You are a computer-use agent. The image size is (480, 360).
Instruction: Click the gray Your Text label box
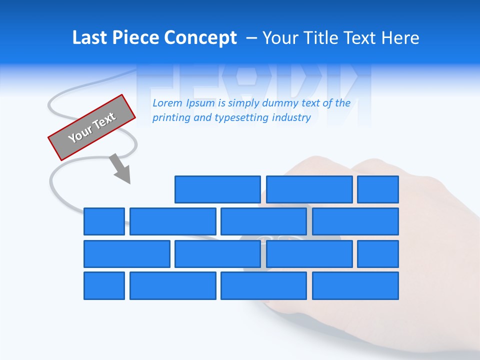tap(92, 127)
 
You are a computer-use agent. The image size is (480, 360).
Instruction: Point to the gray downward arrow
tap(120, 169)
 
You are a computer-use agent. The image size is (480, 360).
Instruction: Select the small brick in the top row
tap(378, 189)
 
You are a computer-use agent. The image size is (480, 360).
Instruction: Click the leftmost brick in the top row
tap(217, 189)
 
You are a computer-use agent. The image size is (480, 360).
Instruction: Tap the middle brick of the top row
tap(309, 189)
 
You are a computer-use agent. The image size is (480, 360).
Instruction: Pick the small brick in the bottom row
tap(104, 285)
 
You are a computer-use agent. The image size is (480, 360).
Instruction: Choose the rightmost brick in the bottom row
tap(355, 285)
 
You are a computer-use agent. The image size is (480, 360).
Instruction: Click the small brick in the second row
tap(104, 221)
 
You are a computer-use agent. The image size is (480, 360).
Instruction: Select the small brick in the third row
tap(378, 254)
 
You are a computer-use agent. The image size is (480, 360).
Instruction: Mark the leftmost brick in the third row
tap(127, 254)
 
